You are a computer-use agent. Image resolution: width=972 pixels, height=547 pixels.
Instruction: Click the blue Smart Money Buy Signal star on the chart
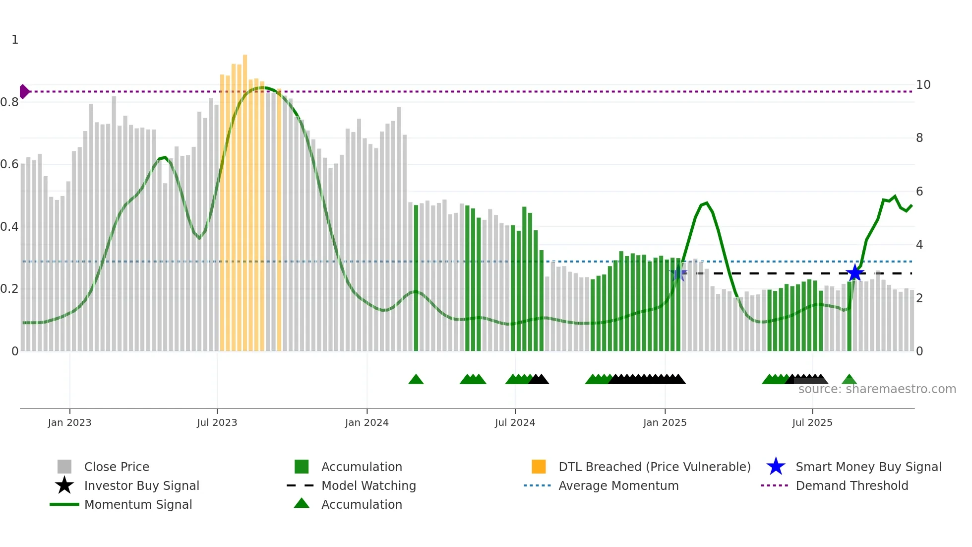tap(854, 273)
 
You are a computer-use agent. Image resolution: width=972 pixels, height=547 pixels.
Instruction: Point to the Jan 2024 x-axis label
tap(366, 422)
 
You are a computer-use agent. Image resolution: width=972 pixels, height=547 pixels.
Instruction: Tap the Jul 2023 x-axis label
tap(217, 422)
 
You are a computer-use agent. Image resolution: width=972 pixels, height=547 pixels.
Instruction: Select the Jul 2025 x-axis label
tap(812, 422)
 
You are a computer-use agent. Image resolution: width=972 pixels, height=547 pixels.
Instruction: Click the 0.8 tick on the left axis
tap(9, 102)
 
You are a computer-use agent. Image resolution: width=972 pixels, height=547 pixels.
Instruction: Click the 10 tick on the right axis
tap(923, 85)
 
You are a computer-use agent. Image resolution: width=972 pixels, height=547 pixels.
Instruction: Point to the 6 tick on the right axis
tap(919, 192)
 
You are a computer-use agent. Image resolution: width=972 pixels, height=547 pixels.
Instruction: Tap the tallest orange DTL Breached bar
tap(245, 199)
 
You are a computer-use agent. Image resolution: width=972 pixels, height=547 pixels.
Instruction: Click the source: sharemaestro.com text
tap(877, 389)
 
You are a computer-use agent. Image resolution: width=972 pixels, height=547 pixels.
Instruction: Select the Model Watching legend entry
tap(368, 485)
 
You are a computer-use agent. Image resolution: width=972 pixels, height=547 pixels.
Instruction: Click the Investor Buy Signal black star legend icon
tap(64, 485)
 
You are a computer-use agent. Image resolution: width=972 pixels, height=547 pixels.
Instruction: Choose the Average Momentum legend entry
tap(618, 485)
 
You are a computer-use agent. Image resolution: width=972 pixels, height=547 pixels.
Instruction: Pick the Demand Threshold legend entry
tap(851, 485)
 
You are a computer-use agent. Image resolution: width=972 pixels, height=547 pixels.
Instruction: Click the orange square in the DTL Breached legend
tap(539, 467)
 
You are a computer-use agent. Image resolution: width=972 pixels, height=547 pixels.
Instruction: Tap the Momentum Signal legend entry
tap(138, 504)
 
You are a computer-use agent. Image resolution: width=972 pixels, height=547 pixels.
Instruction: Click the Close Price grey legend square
tap(64, 467)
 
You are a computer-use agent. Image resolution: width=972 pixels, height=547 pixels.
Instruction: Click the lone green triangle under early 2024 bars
tap(416, 380)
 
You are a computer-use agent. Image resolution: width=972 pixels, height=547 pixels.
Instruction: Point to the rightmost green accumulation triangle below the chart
tap(849, 380)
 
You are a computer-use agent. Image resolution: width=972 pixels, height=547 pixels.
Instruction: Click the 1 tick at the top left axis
tap(15, 40)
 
